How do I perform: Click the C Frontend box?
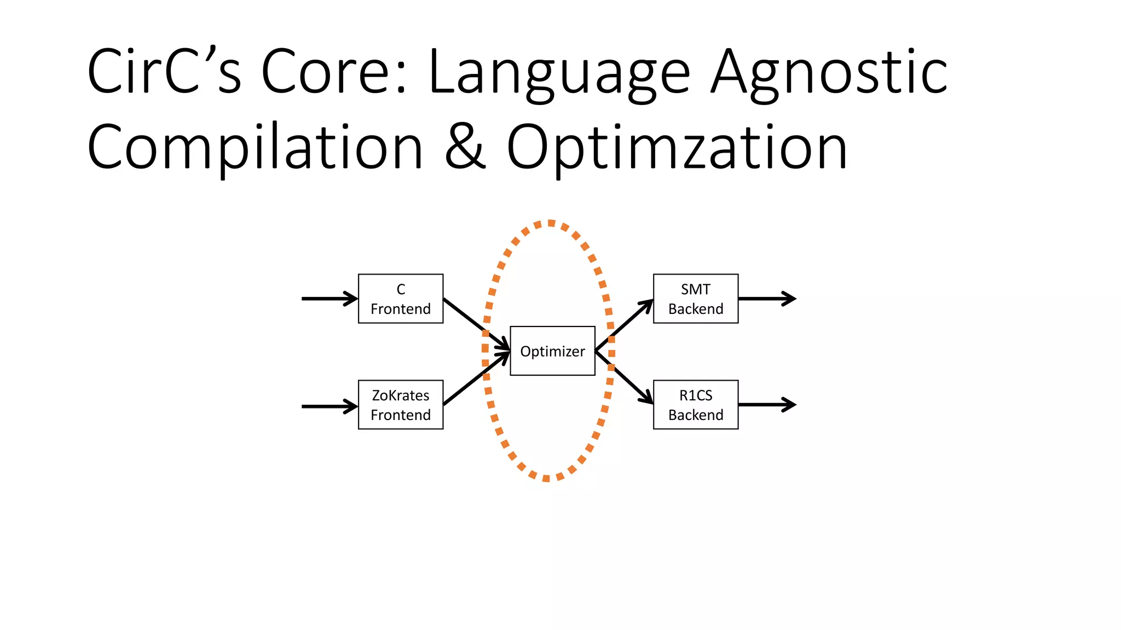(400, 299)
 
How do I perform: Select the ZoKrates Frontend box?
(400, 405)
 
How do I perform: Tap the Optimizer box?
(552, 351)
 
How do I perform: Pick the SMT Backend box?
(695, 299)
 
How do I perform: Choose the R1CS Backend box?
(695, 405)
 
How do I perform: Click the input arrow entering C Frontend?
(328, 299)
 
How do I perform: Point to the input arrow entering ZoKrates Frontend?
(328, 406)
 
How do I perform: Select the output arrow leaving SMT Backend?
(766, 299)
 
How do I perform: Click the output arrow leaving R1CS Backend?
(766, 405)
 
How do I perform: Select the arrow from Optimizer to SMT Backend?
(624, 325)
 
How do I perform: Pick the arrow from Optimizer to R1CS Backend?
(624, 377)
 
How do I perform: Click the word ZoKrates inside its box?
(400, 395)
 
